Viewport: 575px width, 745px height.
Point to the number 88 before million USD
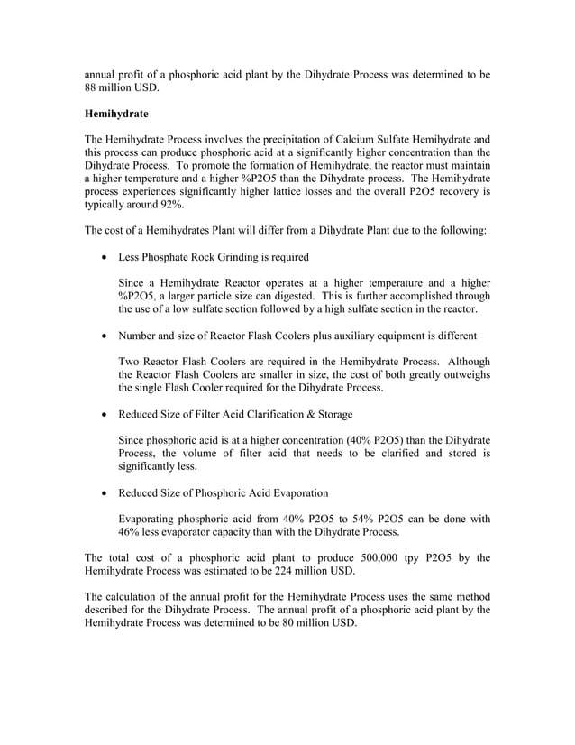[x=92, y=87]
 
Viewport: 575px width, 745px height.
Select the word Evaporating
[x=152, y=519]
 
